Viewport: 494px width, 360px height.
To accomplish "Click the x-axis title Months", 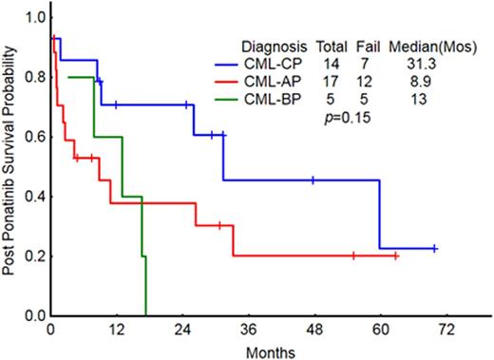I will (272, 351).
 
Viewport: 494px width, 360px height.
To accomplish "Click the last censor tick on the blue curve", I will (434, 248).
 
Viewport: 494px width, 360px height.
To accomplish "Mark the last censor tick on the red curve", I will (396, 256).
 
